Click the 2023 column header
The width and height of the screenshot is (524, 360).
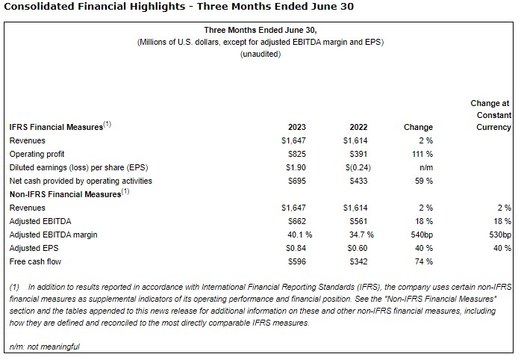(296, 127)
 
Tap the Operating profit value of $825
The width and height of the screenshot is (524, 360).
(296, 154)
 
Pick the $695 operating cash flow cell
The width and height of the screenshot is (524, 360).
(296, 181)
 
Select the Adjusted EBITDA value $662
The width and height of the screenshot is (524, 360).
(296, 221)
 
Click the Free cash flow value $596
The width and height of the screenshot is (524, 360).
(296, 261)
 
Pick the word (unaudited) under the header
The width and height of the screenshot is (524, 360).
(261, 55)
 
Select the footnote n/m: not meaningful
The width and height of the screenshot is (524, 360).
(44, 347)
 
